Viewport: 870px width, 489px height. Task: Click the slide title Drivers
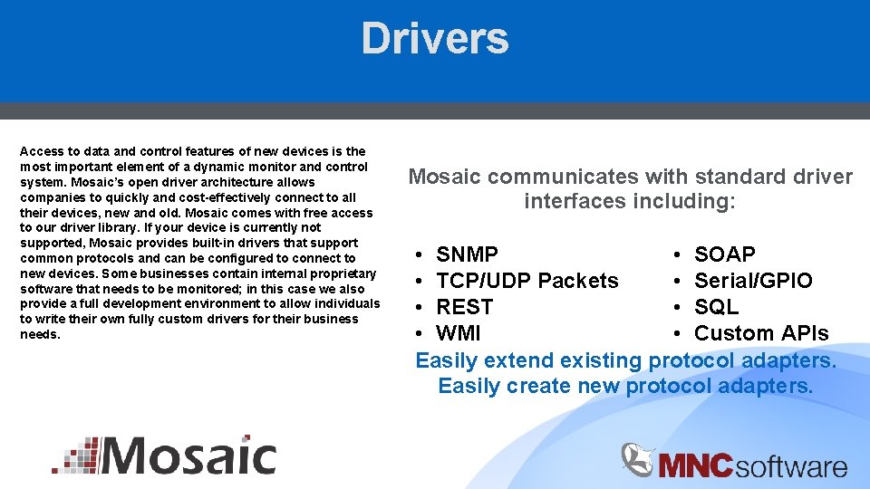point(435,39)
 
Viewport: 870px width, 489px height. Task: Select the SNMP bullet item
point(467,254)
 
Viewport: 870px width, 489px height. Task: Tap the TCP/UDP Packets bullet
point(527,281)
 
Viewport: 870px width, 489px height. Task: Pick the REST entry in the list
point(464,307)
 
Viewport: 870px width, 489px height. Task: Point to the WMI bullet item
point(459,333)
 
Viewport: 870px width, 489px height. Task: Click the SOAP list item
point(724,254)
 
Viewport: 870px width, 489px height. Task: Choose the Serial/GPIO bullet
point(753,281)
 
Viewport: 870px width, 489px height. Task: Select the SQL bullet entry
point(716,307)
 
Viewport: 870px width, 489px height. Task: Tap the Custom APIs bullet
point(760,333)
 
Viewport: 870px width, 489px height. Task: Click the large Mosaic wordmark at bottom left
point(188,455)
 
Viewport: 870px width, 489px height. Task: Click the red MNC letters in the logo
point(695,466)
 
